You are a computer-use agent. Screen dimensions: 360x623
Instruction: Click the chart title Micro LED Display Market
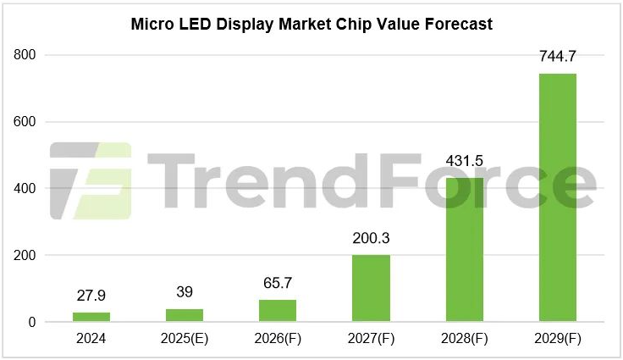(311, 25)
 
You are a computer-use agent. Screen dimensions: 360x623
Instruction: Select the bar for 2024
(91, 317)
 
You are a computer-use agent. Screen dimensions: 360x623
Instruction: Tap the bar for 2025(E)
(185, 315)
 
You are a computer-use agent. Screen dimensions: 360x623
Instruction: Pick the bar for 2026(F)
(278, 311)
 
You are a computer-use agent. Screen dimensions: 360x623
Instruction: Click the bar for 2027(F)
(371, 288)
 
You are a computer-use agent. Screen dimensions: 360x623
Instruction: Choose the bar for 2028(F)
(464, 250)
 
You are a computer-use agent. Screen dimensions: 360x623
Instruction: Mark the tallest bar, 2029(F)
(557, 197)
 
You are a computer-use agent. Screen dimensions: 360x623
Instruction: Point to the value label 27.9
(91, 297)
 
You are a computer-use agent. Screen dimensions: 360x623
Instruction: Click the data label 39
(185, 292)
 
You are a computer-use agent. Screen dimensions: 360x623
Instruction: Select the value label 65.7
(278, 283)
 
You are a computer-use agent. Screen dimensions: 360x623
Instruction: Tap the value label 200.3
(371, 238)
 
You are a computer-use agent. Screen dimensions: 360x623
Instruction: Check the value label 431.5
(464, 161)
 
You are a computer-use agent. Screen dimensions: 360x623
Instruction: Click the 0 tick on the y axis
(31, 322)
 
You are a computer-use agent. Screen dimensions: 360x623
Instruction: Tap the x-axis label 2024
(91, 341)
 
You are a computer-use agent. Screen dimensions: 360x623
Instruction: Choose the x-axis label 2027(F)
(371, 341)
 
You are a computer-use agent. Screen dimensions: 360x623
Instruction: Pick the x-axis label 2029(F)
(557, 341)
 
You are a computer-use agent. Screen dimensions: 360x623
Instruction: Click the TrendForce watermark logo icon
(90, 180)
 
